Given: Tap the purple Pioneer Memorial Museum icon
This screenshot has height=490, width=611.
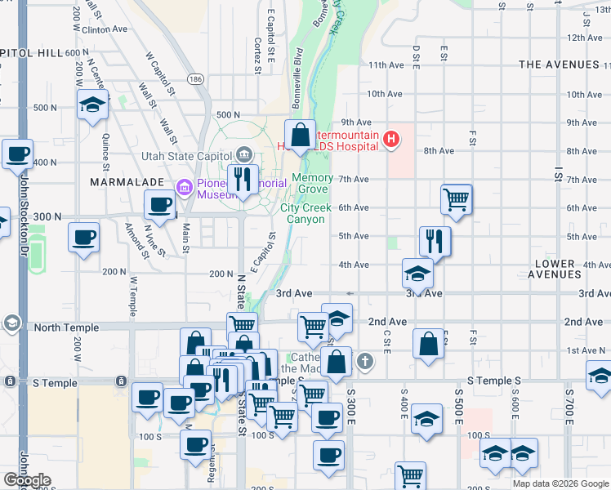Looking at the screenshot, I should coord(185,189).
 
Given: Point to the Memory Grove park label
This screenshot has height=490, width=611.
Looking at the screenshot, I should coord(312,184).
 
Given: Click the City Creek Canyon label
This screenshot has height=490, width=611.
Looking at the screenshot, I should coord(306,213).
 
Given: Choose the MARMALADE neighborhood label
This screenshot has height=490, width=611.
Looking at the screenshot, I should coord(123,180).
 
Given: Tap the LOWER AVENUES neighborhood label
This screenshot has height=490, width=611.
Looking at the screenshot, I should coord(565,269).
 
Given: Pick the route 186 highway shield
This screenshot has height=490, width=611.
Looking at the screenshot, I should coord(194,79).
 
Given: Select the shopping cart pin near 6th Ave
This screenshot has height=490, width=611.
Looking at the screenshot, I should coord(456,199).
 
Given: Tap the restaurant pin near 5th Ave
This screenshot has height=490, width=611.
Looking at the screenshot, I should coord(435,241).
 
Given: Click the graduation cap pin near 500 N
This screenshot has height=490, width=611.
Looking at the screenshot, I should coord(93,105).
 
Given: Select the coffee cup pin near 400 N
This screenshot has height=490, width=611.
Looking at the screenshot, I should coord(17,154).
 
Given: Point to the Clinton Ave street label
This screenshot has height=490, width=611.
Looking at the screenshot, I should coord(105,29).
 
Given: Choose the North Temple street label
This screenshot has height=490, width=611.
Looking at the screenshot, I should coord(66,327).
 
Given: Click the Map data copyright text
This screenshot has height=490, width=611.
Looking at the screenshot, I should coord(560,483).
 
